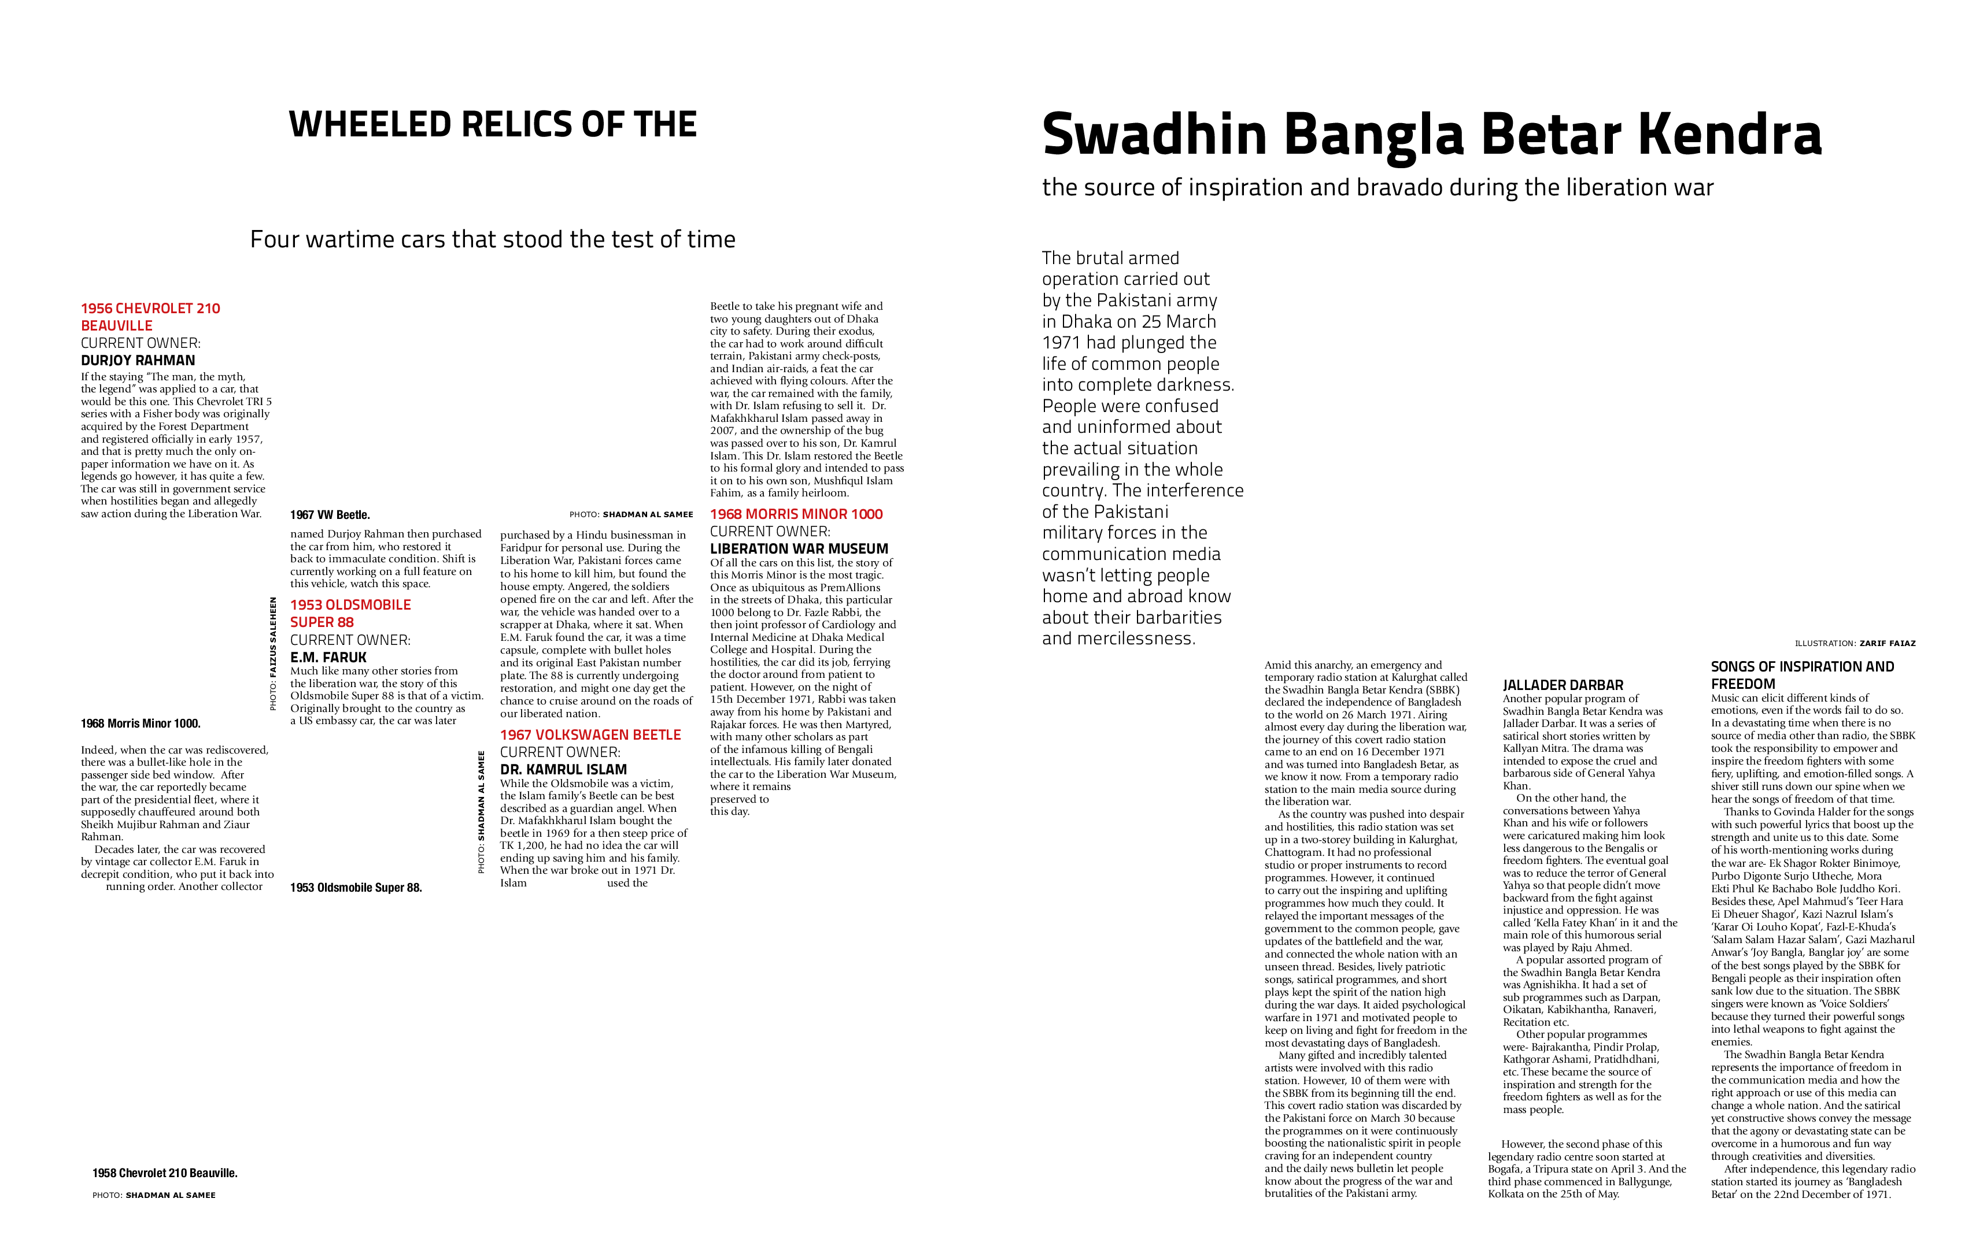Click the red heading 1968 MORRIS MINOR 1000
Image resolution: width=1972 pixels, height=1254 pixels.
click(796, 514)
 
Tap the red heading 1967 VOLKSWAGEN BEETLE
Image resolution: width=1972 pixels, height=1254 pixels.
click(590, 735)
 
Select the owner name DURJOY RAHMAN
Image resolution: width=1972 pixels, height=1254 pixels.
click(138, 360)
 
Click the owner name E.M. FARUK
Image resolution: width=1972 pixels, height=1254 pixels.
click(328, 657)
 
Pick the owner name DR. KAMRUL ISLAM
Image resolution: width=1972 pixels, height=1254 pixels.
click(563, 769)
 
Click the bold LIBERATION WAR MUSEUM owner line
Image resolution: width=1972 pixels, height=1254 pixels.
click(799, 548)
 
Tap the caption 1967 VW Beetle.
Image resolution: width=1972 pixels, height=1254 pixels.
click(329, 515)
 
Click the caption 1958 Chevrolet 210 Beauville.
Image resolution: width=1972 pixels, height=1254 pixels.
click(165, 1173)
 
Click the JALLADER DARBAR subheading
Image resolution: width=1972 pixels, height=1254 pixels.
click(1563, 685)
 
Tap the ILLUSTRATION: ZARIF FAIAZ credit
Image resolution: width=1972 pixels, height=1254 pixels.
click(1855, 643)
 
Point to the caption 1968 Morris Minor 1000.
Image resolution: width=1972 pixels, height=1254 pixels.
click(140, 724)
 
